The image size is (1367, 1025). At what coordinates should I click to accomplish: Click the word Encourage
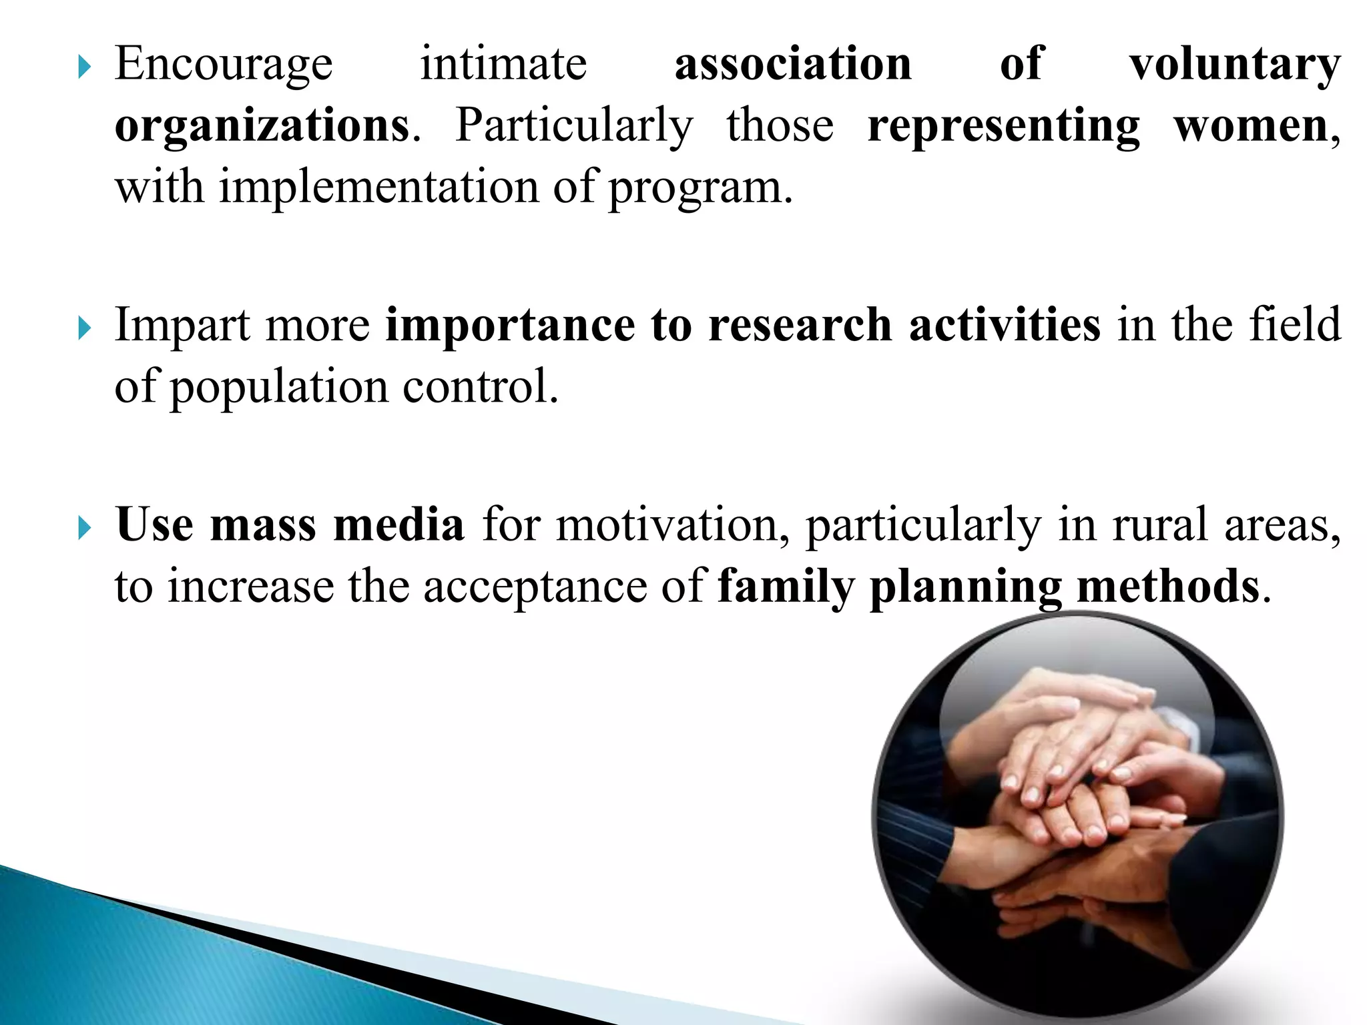pos(224,65)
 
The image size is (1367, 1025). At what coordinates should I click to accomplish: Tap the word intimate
pos(503,63)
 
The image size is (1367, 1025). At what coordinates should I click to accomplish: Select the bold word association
pos(793,63)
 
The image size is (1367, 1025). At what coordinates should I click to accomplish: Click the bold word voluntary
pos(1235,65)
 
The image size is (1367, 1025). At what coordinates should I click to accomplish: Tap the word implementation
pos(379,188)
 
